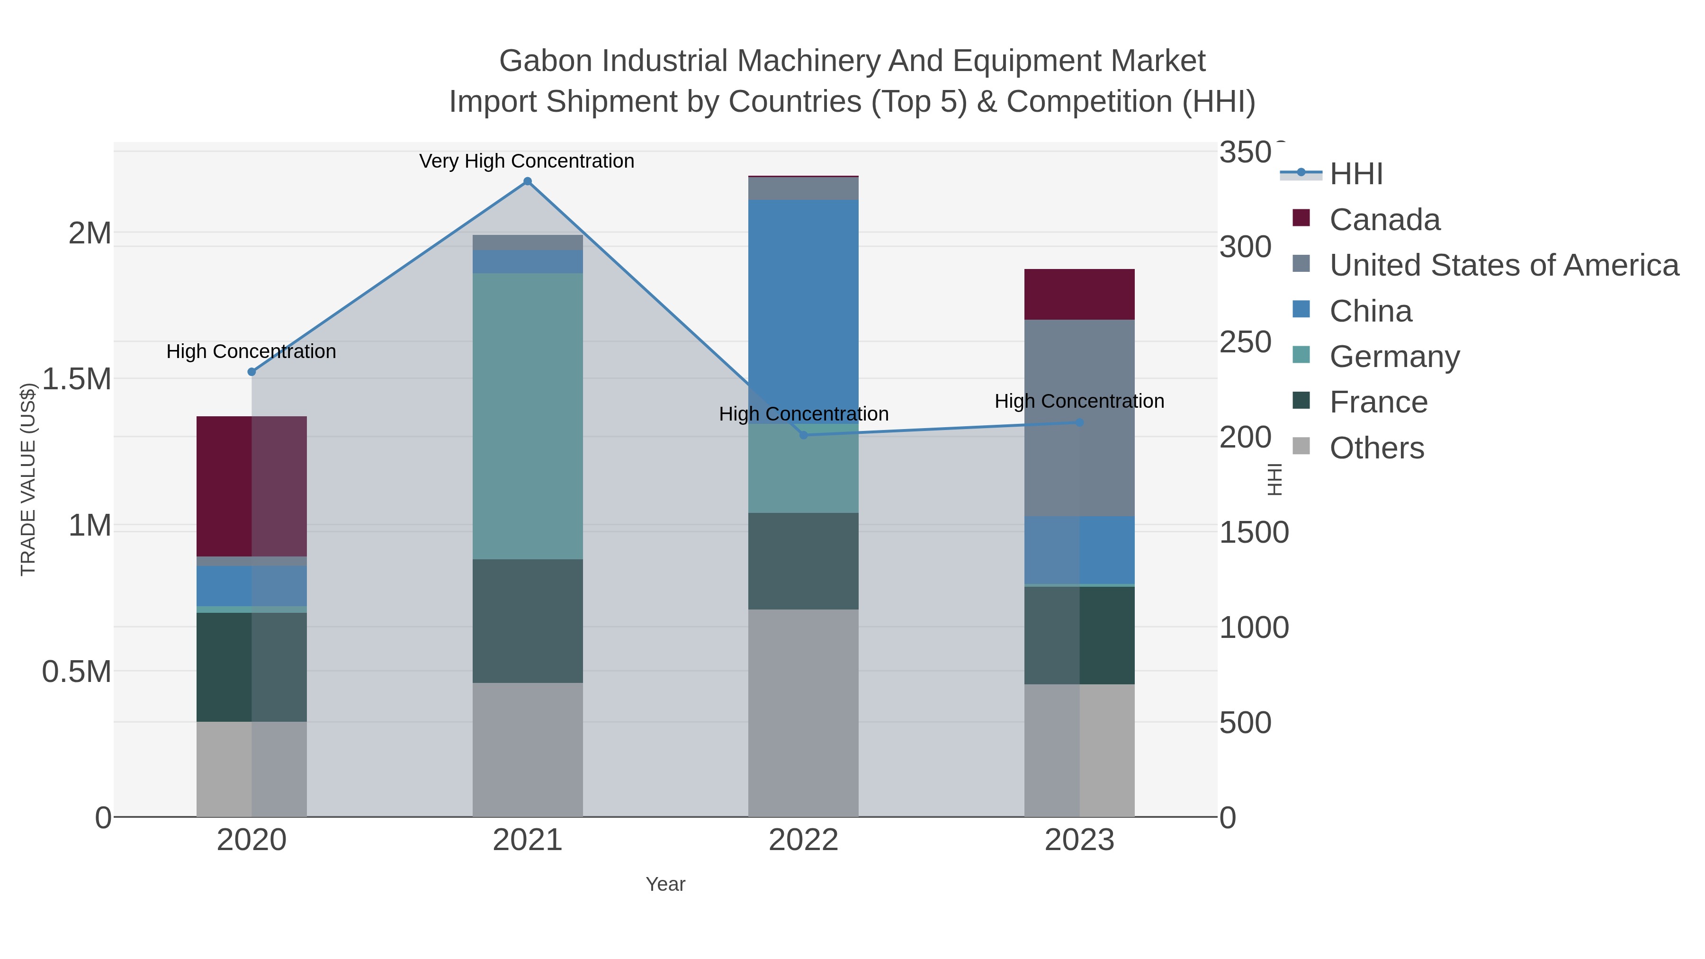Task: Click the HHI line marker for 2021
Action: click(x=528, y=181)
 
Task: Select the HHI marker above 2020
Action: click(x=251, y=372)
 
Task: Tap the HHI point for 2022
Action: click(x=804, y=435)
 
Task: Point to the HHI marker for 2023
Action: click(x=1079, y=422)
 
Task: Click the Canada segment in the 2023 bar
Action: click(x=1079, y=295)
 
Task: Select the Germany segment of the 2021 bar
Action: click(x=528, y=416)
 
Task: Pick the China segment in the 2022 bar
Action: click(x=804, y=311)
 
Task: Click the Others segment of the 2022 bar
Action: click(x=804, y=713)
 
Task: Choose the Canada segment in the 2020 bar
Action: click(x=251, y=486)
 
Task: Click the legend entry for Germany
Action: click(x=1394, y=357)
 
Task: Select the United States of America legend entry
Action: click(x=1502, y=265)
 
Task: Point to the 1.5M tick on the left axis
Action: click(x=77, y=379)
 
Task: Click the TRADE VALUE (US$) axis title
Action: click(x=28, y=479)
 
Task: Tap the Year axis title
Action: click(x=665, y=884)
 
